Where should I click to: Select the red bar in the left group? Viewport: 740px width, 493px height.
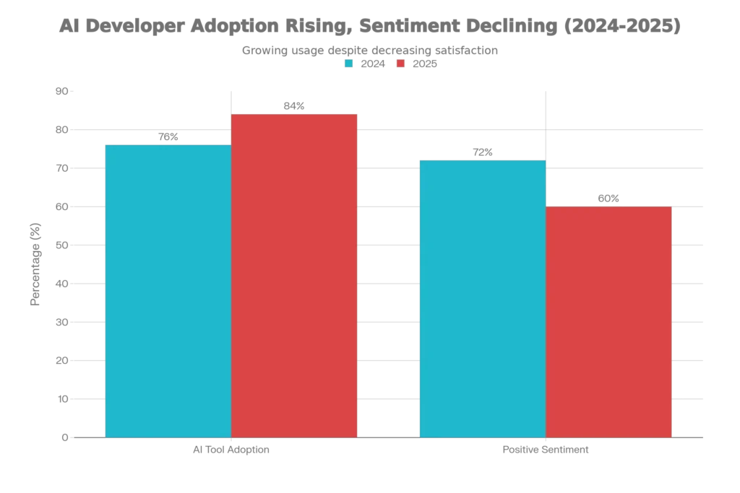click(294, 274)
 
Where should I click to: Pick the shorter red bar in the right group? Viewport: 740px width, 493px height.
click(609, 321)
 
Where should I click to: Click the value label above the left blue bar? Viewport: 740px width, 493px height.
click(168, 137)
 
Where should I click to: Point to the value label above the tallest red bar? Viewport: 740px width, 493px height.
click(294, 105)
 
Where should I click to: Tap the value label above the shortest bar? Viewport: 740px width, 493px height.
click(609, 197)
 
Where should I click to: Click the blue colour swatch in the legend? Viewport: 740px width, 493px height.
click(349, 64)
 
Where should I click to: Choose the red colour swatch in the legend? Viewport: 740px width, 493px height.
click(400, 64)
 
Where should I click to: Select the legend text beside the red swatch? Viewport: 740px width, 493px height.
click(425, 64)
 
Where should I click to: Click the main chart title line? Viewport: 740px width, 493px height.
click(369, 27)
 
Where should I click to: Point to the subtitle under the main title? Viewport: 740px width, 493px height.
click(369, 51)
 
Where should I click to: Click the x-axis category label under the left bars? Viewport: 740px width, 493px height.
click(231, 450)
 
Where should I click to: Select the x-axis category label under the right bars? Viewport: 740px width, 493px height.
click(546, 450)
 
